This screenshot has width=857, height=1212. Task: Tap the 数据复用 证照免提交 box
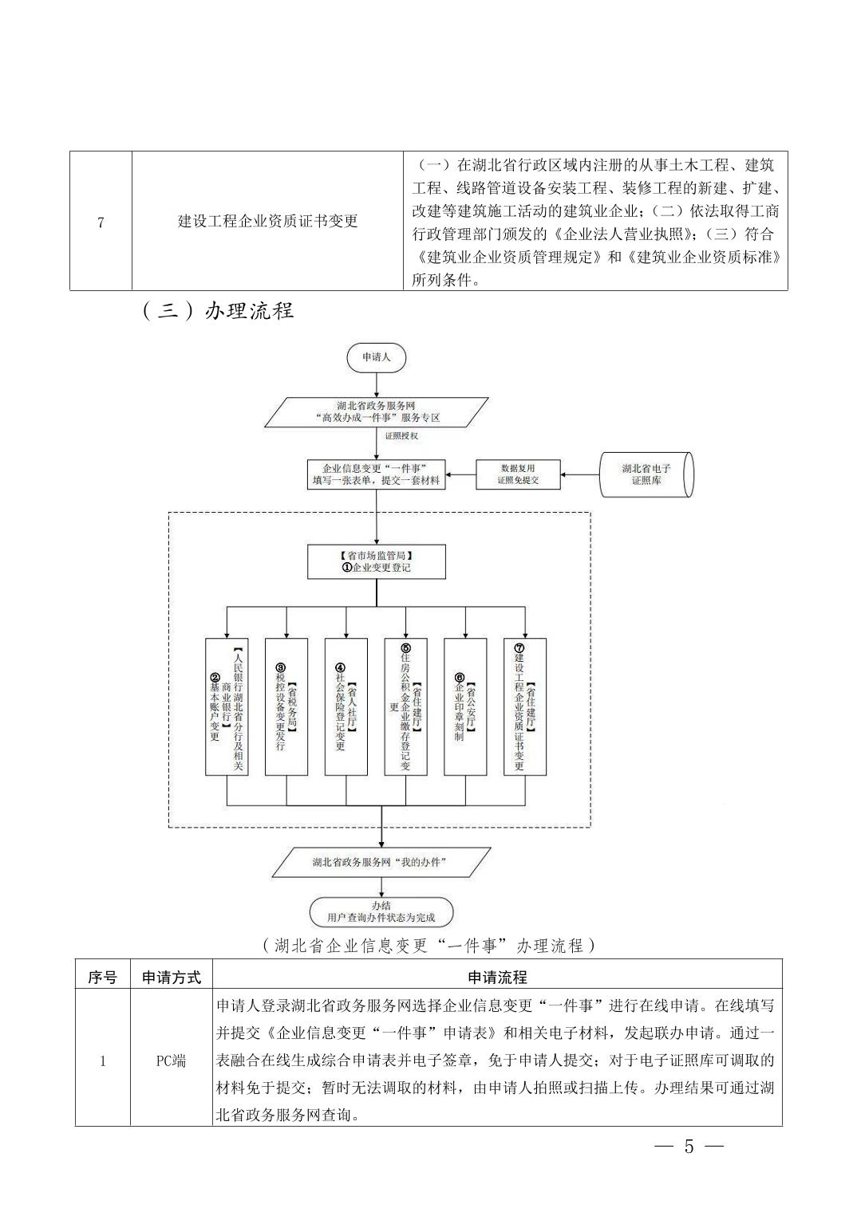point(518,474)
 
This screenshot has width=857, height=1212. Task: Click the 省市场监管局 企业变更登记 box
point(377,562)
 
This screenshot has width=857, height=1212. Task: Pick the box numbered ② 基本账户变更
point(227,706)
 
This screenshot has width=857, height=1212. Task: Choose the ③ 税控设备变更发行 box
point(286,706)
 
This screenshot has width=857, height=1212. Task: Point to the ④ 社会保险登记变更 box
point(346,706)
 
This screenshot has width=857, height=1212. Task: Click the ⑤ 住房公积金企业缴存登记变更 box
point(405,706)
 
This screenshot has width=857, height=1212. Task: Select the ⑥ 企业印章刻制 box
point(465,706)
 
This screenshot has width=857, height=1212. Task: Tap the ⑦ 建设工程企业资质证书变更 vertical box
point(525,706)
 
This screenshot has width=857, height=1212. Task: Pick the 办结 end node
point(381,911)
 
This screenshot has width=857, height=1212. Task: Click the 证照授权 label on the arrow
point(401,437)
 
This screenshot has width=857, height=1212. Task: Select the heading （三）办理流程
point(218,310)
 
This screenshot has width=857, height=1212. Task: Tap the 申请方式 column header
point(172,977)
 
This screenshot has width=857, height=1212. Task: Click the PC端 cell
point(171,1060)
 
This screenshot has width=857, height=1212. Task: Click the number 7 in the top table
point(101,222)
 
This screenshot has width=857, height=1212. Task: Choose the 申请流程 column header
point(497,977)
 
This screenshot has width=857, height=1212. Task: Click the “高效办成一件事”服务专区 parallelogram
point(377,411)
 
